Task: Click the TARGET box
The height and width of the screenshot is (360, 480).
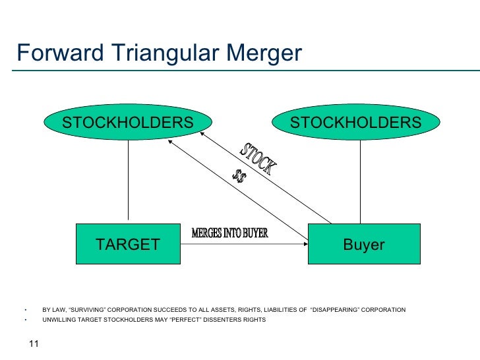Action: click(x=128, y=245)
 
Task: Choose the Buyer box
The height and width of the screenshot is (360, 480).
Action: click(x=363, y=245)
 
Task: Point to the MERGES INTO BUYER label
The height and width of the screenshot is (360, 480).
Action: click(x=229, y=234)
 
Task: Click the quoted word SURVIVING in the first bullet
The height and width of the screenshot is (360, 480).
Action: click(x=90, y=310)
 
